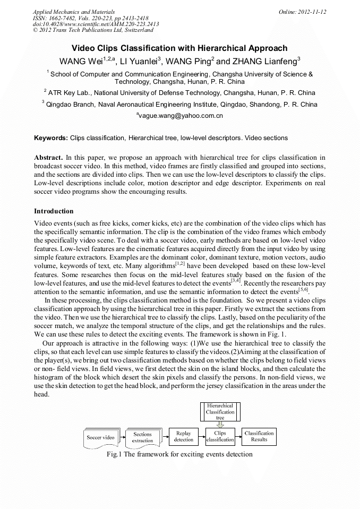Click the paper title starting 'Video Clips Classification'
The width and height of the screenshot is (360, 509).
point(179,48)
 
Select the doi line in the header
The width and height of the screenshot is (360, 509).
point(96,24)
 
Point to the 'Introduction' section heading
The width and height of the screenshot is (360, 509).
point(54,211)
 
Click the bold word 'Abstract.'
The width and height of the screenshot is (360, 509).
point(49,158)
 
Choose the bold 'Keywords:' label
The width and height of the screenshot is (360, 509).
point(51,138)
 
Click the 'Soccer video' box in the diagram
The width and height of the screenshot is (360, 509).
point(100,437)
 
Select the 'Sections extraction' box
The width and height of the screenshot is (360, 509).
point(142,437)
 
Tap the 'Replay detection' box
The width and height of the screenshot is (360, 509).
point(184,437)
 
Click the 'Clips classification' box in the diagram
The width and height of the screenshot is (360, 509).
point(220,437)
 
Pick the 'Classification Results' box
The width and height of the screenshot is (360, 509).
point(259,437)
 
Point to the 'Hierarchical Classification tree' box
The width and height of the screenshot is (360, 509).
point(220,411)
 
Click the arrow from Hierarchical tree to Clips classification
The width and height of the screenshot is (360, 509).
point(220,424)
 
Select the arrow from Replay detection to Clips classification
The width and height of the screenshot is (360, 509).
point(202,437)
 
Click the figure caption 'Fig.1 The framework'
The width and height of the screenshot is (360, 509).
point(179,454)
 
